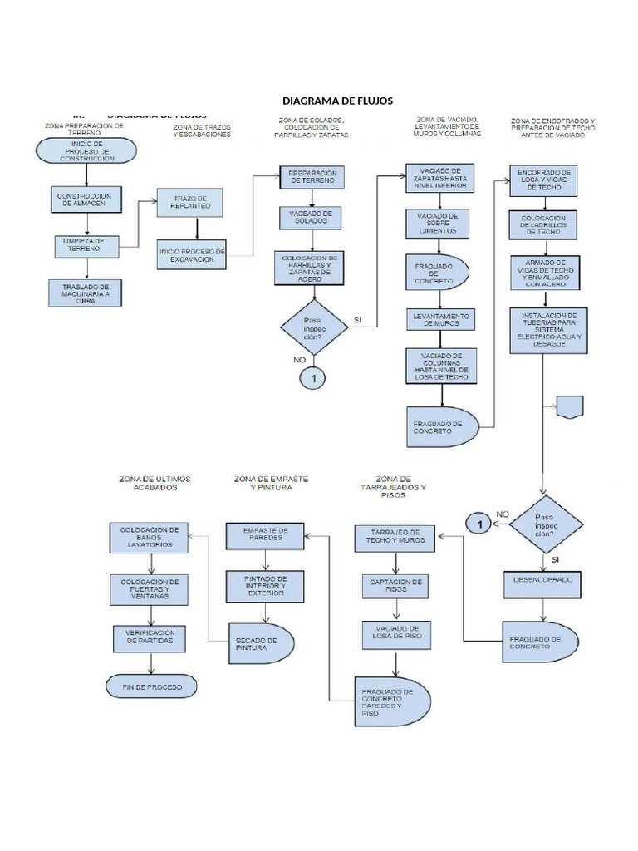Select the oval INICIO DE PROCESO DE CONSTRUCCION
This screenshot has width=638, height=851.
pyautogui.click(x=86, y=152)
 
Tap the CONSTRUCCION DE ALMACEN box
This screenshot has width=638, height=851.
pyautogui.click(x=86, y=199)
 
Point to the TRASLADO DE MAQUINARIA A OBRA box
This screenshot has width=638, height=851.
pyautogui.click(x=86, y=293)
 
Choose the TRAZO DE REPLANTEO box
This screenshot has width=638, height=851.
pyautogui.click(x=191, y=204)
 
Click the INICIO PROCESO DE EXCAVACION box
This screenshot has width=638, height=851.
pyautogui.click(x=191, y=255)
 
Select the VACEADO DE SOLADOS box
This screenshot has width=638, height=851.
pyautogui.click(x=310, y=218)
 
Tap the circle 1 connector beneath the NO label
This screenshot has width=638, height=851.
pyautogui.click(x=313, y=378)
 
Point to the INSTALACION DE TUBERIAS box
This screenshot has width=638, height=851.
pyautogui.click(x=548, y=330)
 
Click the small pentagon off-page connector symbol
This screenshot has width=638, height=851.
pyautogui.click(x=571, y=407)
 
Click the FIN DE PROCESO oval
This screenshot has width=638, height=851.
pyautogui.click(x=150, y=686)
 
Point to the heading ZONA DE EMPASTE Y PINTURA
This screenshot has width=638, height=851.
pyautogui.click(x=271, y=485)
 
